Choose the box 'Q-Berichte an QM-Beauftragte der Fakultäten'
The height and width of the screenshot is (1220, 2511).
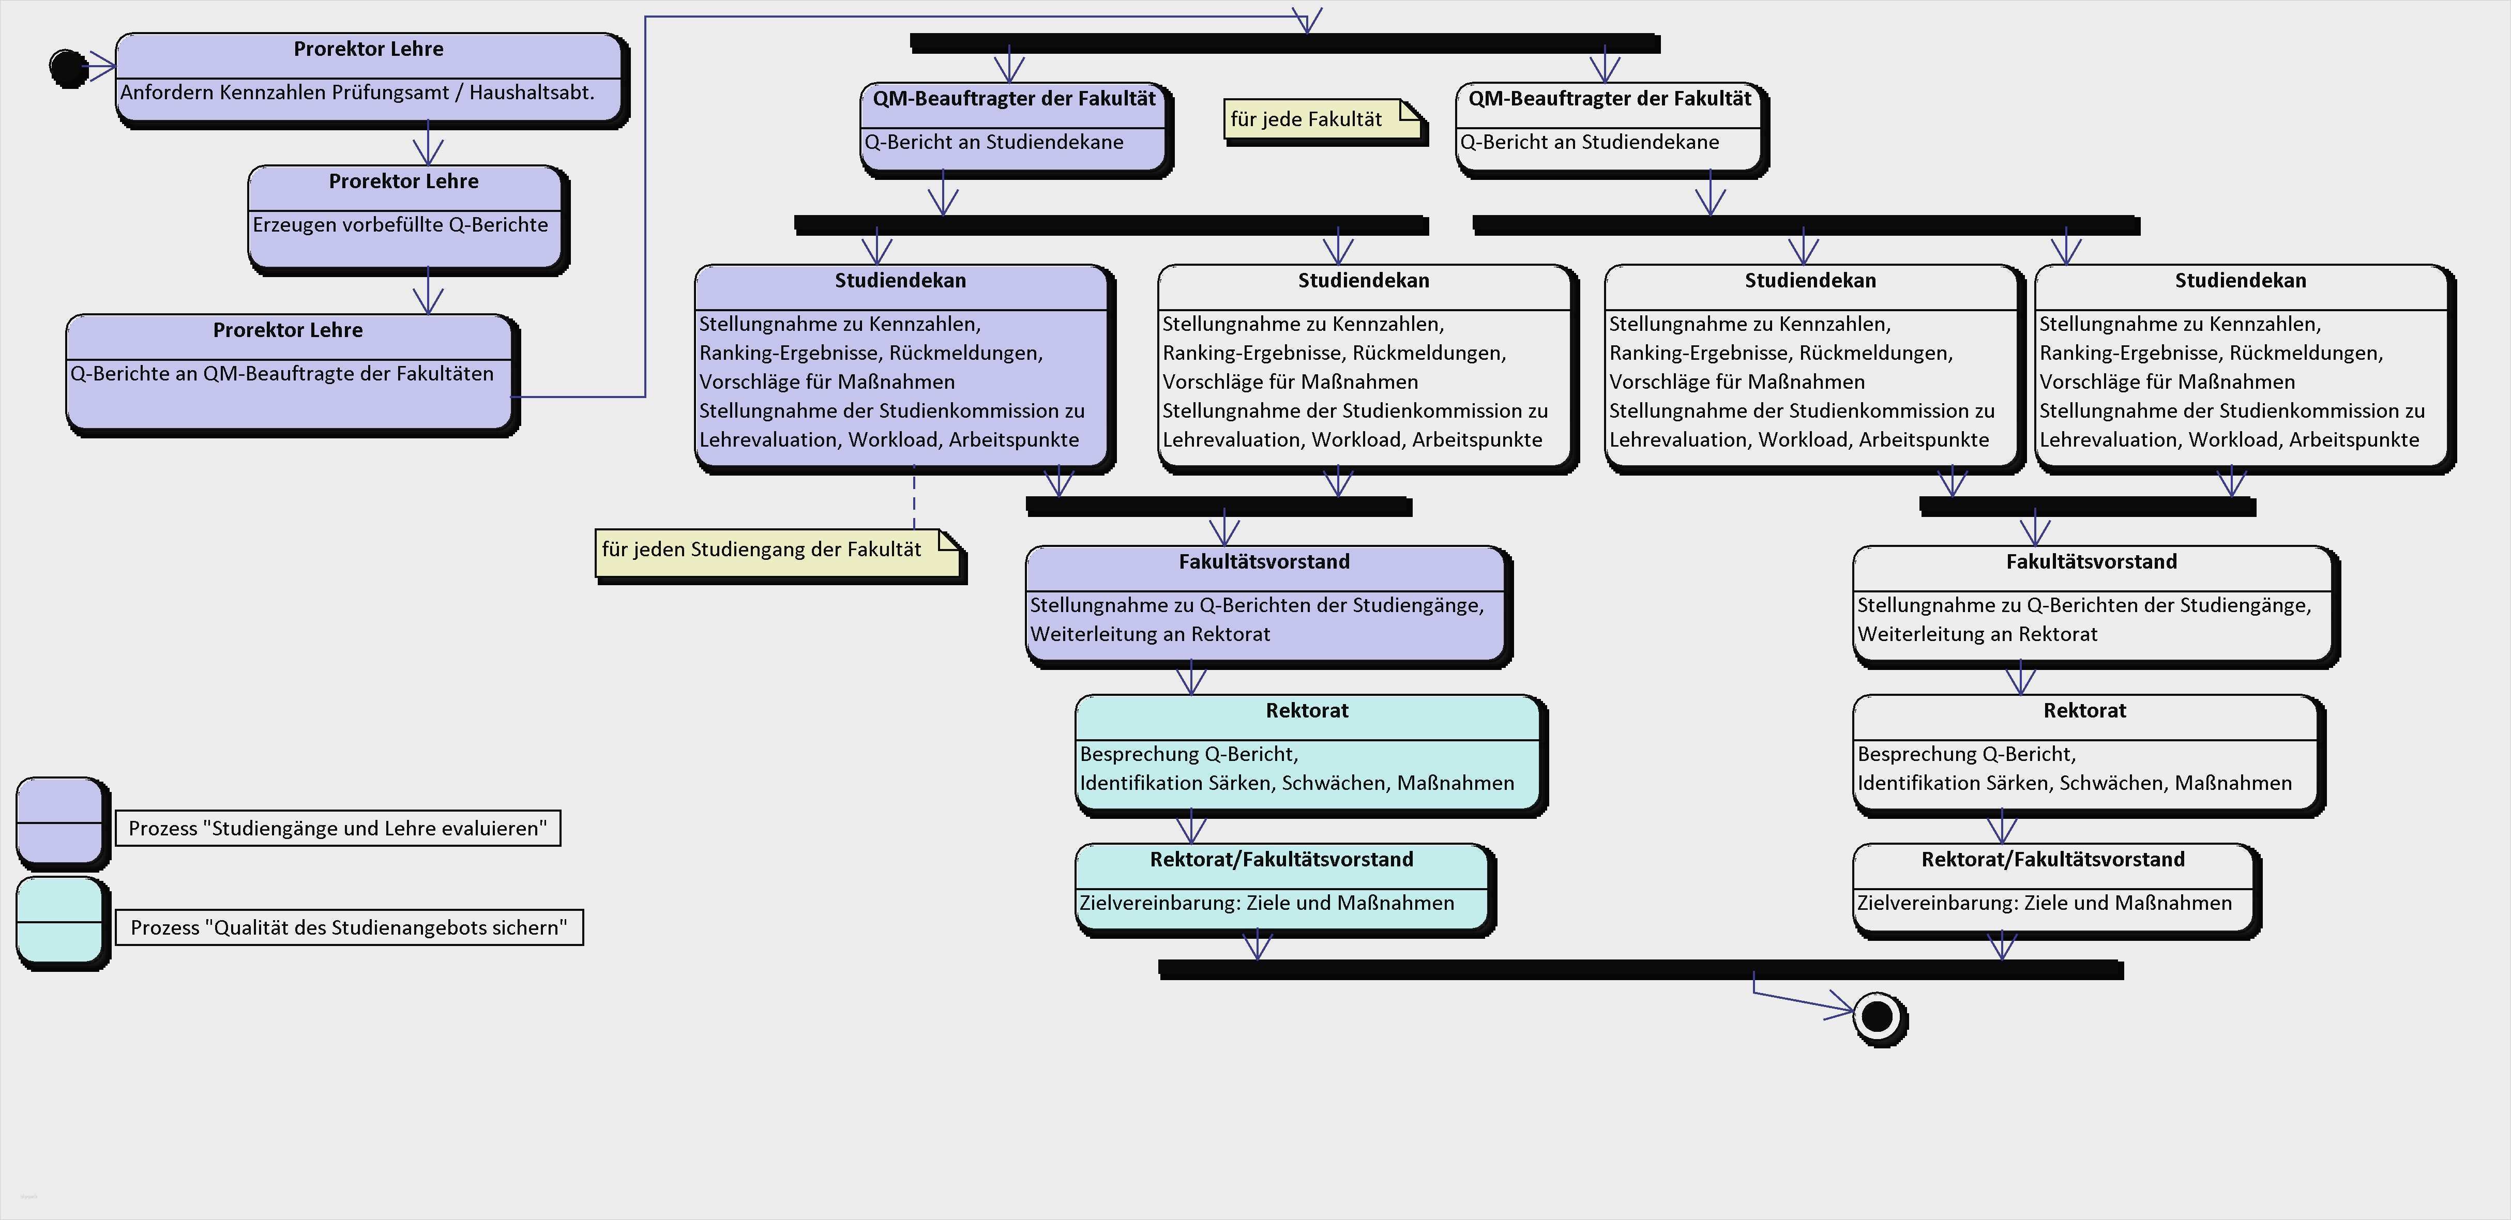[x=283, y=374]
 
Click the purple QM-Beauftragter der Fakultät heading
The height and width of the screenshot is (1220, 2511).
[x=1014, y=98]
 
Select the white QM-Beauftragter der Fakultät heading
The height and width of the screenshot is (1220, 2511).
[x=1609, y=98]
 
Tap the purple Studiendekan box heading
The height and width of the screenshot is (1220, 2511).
[x=900, y=281]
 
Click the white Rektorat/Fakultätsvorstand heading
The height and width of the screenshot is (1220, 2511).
[x=2053, y=860]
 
